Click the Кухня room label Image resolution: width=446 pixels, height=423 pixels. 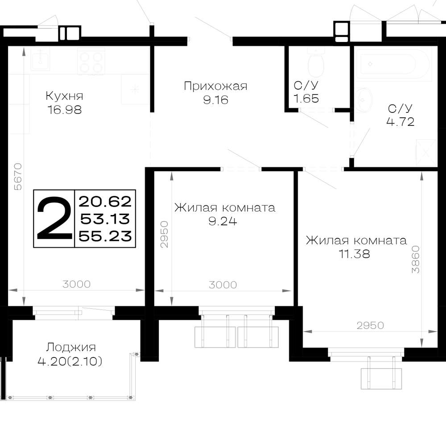coord(65,96)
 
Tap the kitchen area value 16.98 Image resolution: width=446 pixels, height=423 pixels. coord(65,110)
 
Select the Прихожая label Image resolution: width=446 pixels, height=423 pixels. coord(215,86)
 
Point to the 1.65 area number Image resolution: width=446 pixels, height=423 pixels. coord(306,99)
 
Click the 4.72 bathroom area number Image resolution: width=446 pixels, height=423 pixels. coord(400,122)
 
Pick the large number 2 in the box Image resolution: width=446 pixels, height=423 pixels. coord(54,218)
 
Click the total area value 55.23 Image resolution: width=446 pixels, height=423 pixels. coord(105,236)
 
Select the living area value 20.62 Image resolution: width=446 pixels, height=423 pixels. coord(105,202)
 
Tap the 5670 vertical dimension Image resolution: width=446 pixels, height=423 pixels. coord(18,177)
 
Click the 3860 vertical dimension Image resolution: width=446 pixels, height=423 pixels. coord(416,259)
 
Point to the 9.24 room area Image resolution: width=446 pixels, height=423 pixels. coord(223,221)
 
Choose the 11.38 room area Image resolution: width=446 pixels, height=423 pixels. coord(355,254)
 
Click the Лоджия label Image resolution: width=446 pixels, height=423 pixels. coord(71,347)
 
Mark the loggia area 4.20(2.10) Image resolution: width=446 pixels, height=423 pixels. coord(70,361)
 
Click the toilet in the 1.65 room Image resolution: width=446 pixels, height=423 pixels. coord(316,61)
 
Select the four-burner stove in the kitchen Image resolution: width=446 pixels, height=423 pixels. coord(91,62)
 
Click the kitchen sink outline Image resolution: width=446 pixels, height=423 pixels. coord(41,59)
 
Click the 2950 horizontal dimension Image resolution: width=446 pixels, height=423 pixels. coord(370,325)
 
